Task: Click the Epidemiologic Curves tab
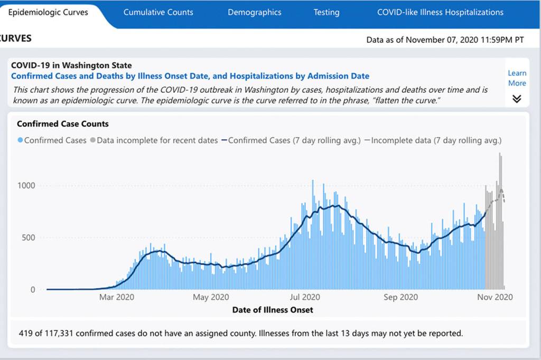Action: [48, 12]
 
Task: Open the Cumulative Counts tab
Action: [158, 12]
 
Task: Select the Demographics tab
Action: [254, 12]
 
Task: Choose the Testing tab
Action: [326, 12]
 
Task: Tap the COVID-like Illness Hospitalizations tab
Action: [440, 12]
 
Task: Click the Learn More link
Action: [517, 78]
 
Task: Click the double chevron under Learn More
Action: [517, 99]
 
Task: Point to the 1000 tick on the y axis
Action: [27, 185]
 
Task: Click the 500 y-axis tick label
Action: [29, 238]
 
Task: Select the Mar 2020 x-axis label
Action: [117, 297]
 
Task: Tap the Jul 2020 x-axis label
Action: [305, 297]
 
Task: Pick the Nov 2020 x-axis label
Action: [495, 297]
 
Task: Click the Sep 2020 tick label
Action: [400, 297]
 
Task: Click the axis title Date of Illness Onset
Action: [273, 310]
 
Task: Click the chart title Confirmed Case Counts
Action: [63, 124]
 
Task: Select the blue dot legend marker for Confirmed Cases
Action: [21, 140]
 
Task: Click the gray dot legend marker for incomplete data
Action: [93, 140]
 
